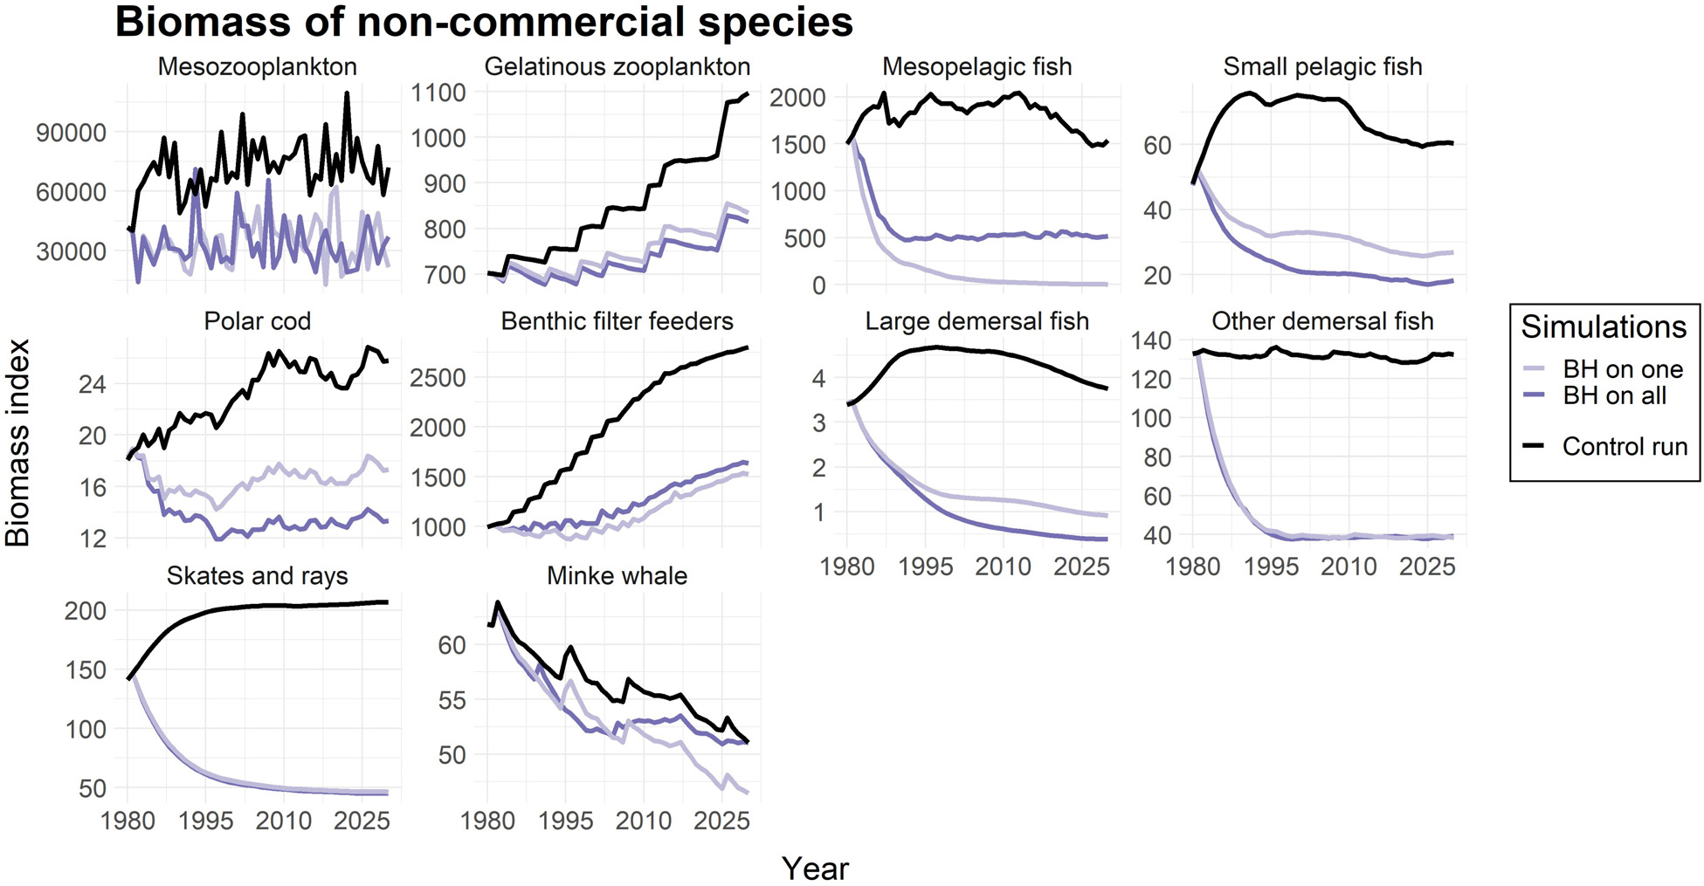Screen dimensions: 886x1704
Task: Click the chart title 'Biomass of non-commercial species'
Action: [484, 23]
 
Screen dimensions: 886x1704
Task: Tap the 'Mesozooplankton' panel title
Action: [257, 67]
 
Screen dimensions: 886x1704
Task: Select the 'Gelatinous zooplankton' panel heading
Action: [617, 67]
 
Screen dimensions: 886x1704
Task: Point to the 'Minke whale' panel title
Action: [617, 576]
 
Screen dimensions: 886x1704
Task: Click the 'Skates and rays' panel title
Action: [257, 576]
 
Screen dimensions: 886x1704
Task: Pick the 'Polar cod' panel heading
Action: [257, 321]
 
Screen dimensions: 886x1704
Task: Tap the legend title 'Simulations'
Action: [1604, 327]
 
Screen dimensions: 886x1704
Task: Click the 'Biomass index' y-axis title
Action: [18, 443]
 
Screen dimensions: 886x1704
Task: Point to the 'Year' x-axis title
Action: [815, 869]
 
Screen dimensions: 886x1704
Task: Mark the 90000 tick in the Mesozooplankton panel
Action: [71, 133]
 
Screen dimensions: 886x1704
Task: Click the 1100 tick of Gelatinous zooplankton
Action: [439, 93]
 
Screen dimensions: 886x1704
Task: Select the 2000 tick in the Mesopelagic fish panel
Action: [797, 98]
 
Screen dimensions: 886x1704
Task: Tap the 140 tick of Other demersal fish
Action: [1150, 340]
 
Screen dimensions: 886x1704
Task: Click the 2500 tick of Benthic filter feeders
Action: [439, 378]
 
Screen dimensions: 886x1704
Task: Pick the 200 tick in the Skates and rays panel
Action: [86, 611]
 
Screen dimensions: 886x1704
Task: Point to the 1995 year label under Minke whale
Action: [566, 821]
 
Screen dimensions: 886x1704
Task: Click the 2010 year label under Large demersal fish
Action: [1003, 567]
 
